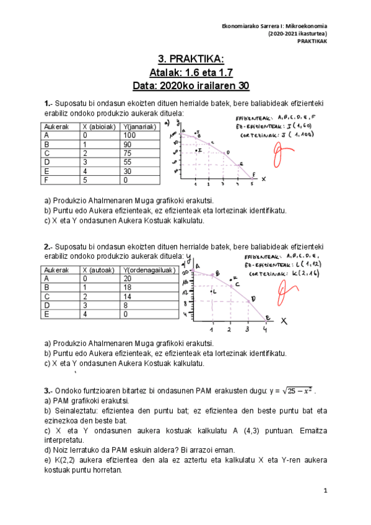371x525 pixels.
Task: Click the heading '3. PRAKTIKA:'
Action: click(190, 59)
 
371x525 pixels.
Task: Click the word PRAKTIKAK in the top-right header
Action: click(312, 41)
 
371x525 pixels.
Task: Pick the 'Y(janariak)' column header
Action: click(139, 126)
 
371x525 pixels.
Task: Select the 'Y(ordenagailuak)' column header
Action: click(149, 270)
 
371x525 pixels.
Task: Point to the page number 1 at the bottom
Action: click(325, 490)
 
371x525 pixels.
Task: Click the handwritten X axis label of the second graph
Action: click(284, 321)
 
